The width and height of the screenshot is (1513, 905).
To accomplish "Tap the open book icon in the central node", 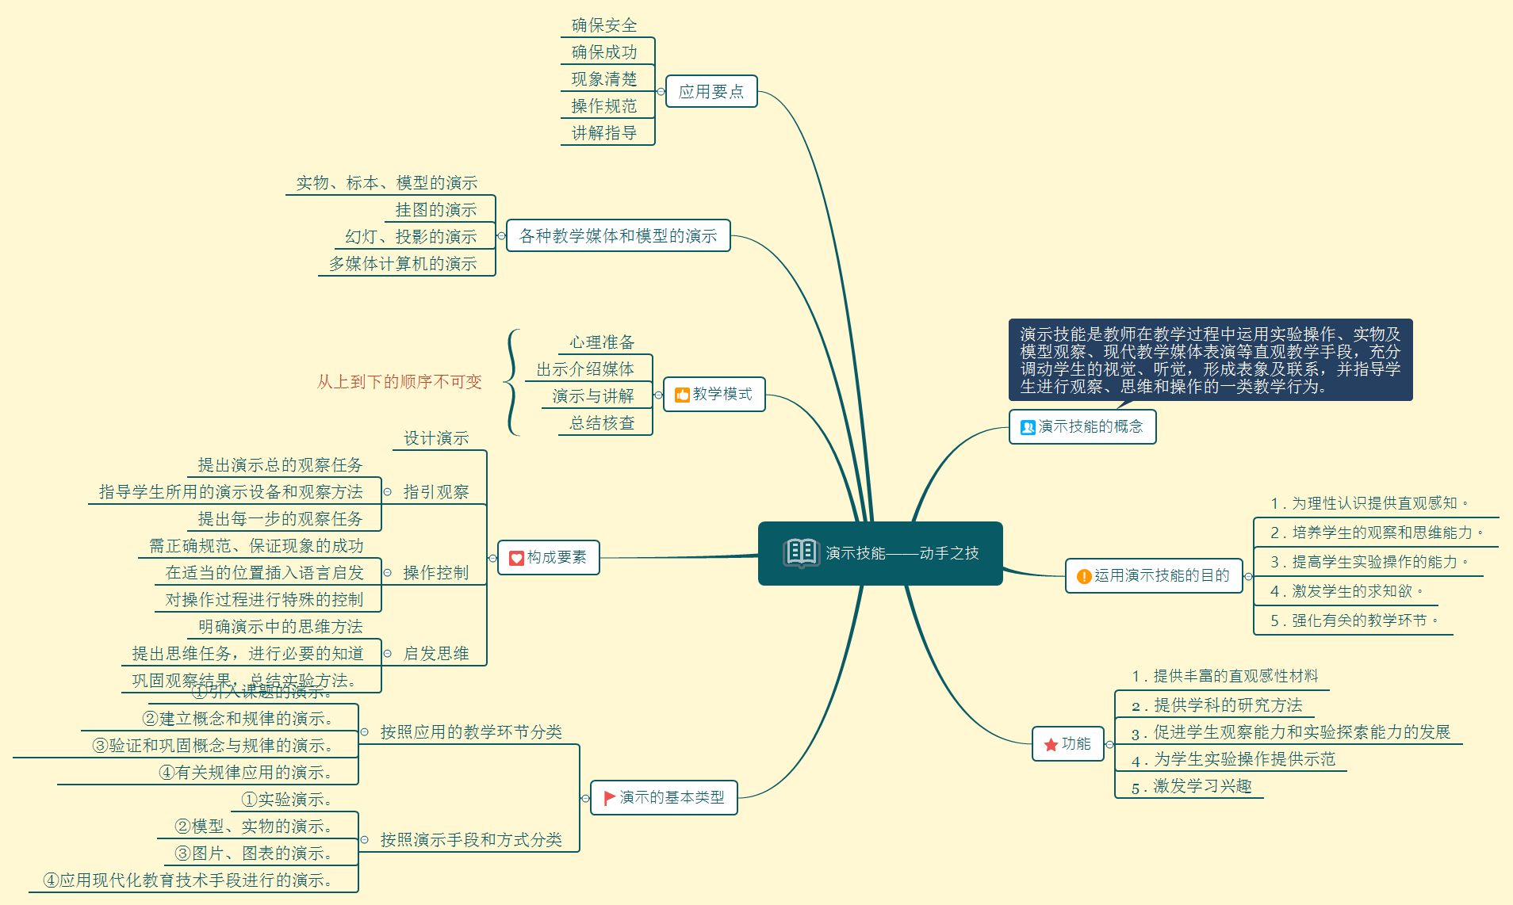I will pyautogui.click(x=800, y=552).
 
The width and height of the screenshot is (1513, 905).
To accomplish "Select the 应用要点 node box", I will pyautogui.click(x=711, y=91).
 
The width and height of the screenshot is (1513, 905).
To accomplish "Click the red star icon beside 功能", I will pyautogui.click(x=1051, y=744).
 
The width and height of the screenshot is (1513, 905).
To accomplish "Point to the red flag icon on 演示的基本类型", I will pyautogui.click(x=609, y=797).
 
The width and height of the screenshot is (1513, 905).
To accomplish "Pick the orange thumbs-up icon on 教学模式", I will pyautogui.click(x=681, y=395).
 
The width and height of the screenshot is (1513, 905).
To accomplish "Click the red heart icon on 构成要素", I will pyautogui.click(x=515, y=558).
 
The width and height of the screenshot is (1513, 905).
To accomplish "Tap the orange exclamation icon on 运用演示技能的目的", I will pyautogui.click(x=1083, y=576).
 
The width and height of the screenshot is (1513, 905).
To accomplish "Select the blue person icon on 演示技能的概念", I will pyautogui.click(x=1027, y=427).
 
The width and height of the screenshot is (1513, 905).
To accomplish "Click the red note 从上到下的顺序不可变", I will pyautogui.click(x=399, y=382).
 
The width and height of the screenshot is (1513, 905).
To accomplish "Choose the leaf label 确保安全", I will pyautogui.click(x=604, y=25).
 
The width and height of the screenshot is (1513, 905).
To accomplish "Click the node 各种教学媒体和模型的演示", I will pyautogui.click(x=618, y=235).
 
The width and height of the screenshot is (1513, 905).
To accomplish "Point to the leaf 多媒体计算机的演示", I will pyautogui.click(x=403, y=263).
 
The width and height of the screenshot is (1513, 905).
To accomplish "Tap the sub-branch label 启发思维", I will pyautogui.click(x=435, y=653).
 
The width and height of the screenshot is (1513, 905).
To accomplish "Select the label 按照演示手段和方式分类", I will pyautogui.click(x=470, y=839).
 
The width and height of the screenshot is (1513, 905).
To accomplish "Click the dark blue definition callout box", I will pyautogui.click(x=1210, y=360).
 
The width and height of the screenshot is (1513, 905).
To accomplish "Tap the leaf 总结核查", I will pyautogui.click(x=602, y=423).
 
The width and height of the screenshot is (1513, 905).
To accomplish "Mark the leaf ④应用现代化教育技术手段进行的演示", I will pyautogui.click(x=188, y=880).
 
